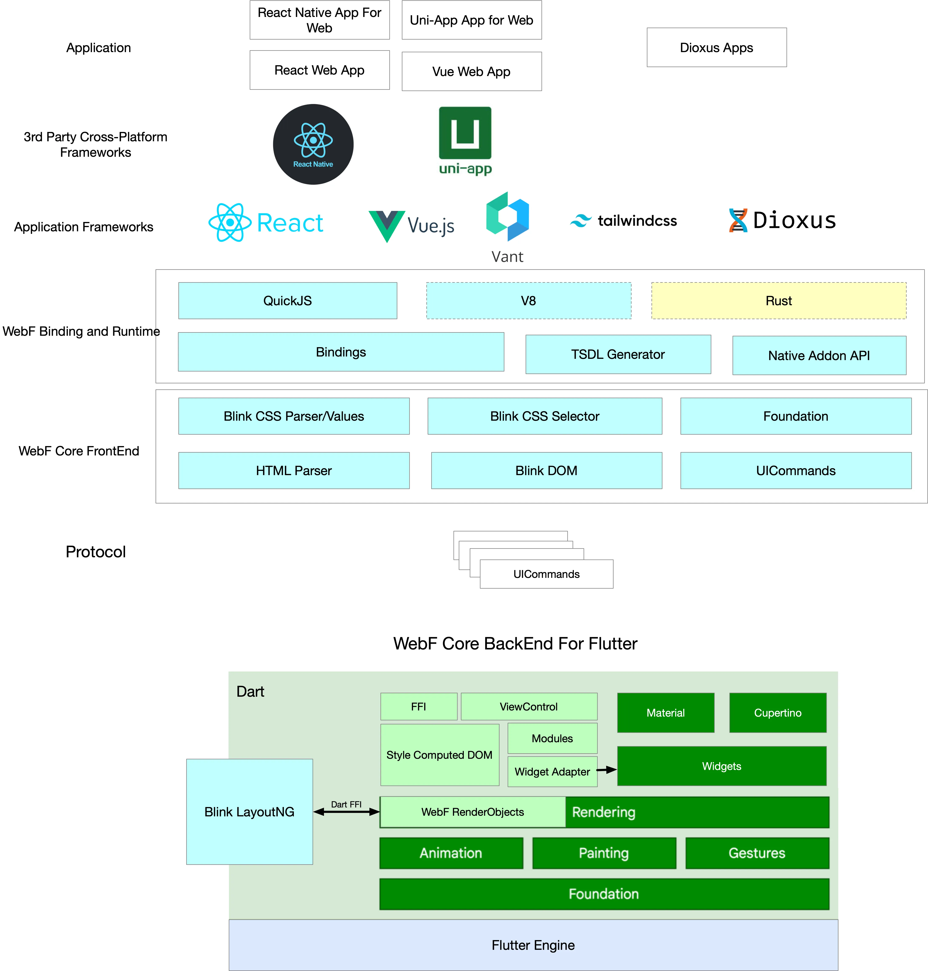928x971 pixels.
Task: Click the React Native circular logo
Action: click(x=313, y=144)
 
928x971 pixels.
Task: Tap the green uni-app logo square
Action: click(x=465, y=133)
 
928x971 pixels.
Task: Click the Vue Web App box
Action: click(x=471, y=71)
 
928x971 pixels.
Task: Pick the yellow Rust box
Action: click(x=779, y=301)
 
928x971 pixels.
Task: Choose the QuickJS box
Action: click(x=287, y=301)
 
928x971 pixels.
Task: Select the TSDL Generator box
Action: click(x=618, y=355)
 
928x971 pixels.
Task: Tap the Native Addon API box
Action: click(x=819, y=355)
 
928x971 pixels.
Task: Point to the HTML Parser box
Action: click(x=294, y=470)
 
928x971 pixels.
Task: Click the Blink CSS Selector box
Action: click(x=545, y=416)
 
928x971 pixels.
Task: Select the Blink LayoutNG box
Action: click(x=249, y=811)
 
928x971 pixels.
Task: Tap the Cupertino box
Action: click(x=778, y=713)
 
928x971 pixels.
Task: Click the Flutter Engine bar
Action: click(x=533, y=945)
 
